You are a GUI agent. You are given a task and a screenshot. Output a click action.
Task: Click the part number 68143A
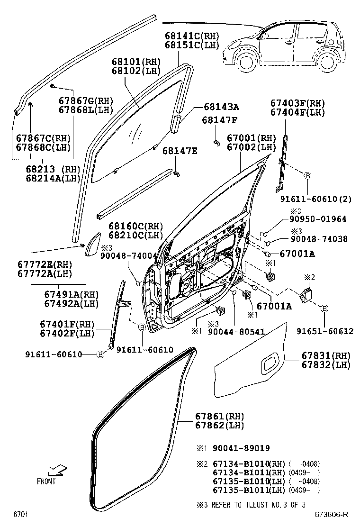[x=222, y=107]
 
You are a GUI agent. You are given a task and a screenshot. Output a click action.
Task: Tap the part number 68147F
[x=220, y=120]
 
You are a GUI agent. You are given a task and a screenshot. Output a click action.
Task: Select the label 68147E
[x=180, y=151]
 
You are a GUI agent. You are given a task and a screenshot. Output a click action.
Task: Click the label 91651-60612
[x=325, y=331]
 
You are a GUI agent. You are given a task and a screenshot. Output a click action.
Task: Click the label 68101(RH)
[x=136, y=62]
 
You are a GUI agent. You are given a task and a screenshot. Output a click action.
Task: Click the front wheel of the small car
[x=245, y=62]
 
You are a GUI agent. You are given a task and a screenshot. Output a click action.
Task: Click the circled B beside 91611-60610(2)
[x=306, y=176]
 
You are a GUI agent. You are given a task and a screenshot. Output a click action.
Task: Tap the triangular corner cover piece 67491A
[x=92, y=244]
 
